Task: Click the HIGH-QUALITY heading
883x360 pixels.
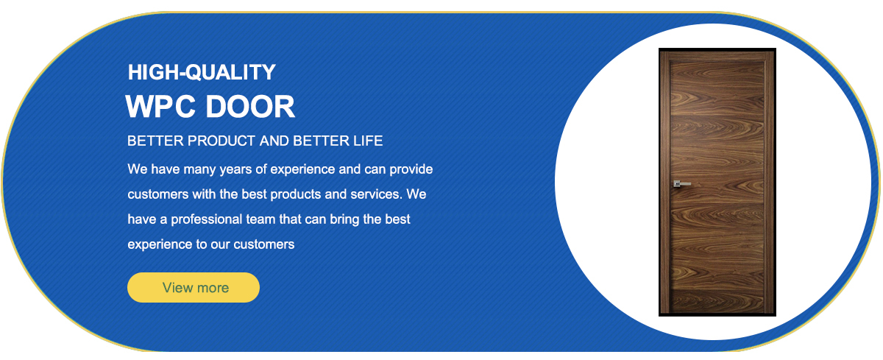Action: point(202,73)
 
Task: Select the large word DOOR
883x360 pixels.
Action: point(250,107)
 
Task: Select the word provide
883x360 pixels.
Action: point(411,169)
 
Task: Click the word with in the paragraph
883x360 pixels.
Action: point(204,194)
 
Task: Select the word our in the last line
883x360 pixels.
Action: point(220,245)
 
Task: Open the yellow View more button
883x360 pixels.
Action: point(193,287)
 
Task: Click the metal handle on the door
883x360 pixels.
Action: point(681,184)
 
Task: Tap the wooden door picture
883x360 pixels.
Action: point(717,182)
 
